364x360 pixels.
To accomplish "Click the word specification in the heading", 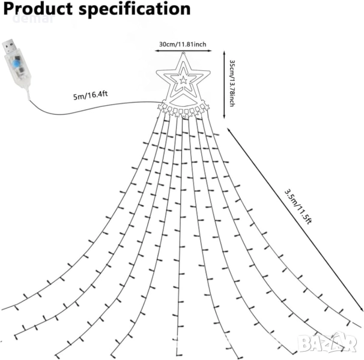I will [136, 10].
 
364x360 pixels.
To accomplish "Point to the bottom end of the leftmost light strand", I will [3, 308].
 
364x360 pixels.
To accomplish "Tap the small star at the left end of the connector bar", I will [160, 107].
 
